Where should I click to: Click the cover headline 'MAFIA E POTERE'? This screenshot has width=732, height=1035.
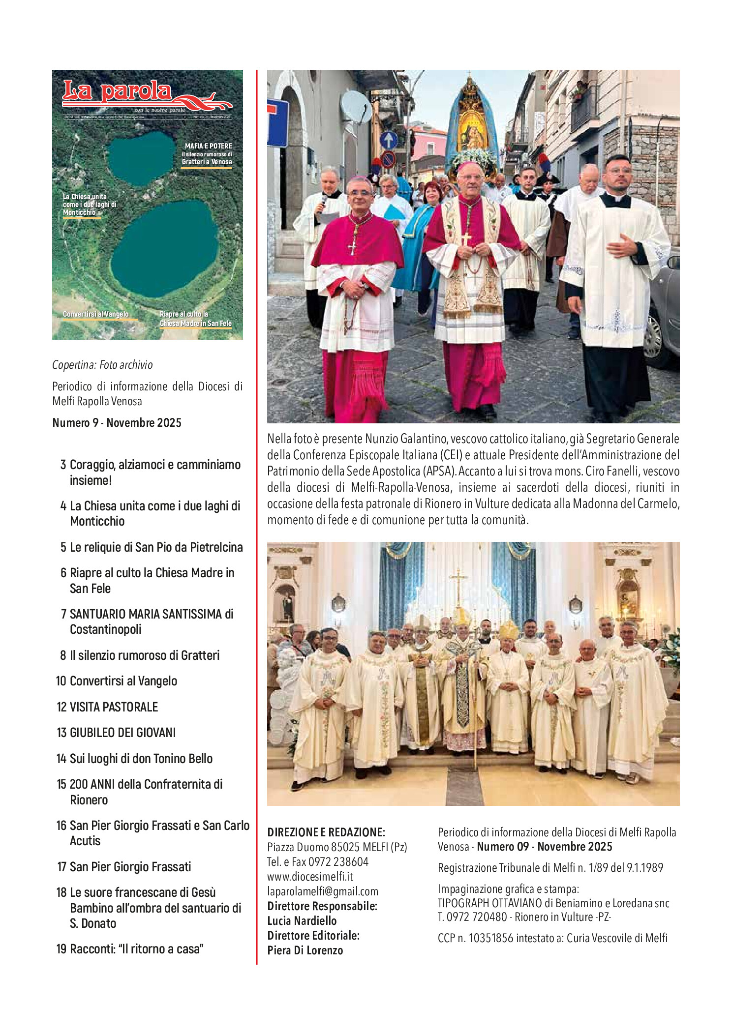click(208, 146)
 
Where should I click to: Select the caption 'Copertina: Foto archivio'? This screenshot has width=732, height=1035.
click(102, 365)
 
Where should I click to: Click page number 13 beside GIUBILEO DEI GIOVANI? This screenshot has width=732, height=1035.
click(61, 733)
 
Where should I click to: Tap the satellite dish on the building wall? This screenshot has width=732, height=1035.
click(356, 107)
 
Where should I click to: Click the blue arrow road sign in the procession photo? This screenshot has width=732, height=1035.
click(388, 140)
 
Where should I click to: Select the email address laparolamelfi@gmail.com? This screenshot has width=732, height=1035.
click(323, 891)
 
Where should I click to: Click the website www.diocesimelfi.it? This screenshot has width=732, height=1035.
click(310, 877)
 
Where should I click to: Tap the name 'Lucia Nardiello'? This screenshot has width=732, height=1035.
click(302, 921)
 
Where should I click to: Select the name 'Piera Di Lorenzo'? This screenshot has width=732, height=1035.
click(305, 950)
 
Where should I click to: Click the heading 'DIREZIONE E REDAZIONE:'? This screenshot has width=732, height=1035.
click(326, 832)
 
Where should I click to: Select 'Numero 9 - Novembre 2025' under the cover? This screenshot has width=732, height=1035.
click(117, 423)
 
